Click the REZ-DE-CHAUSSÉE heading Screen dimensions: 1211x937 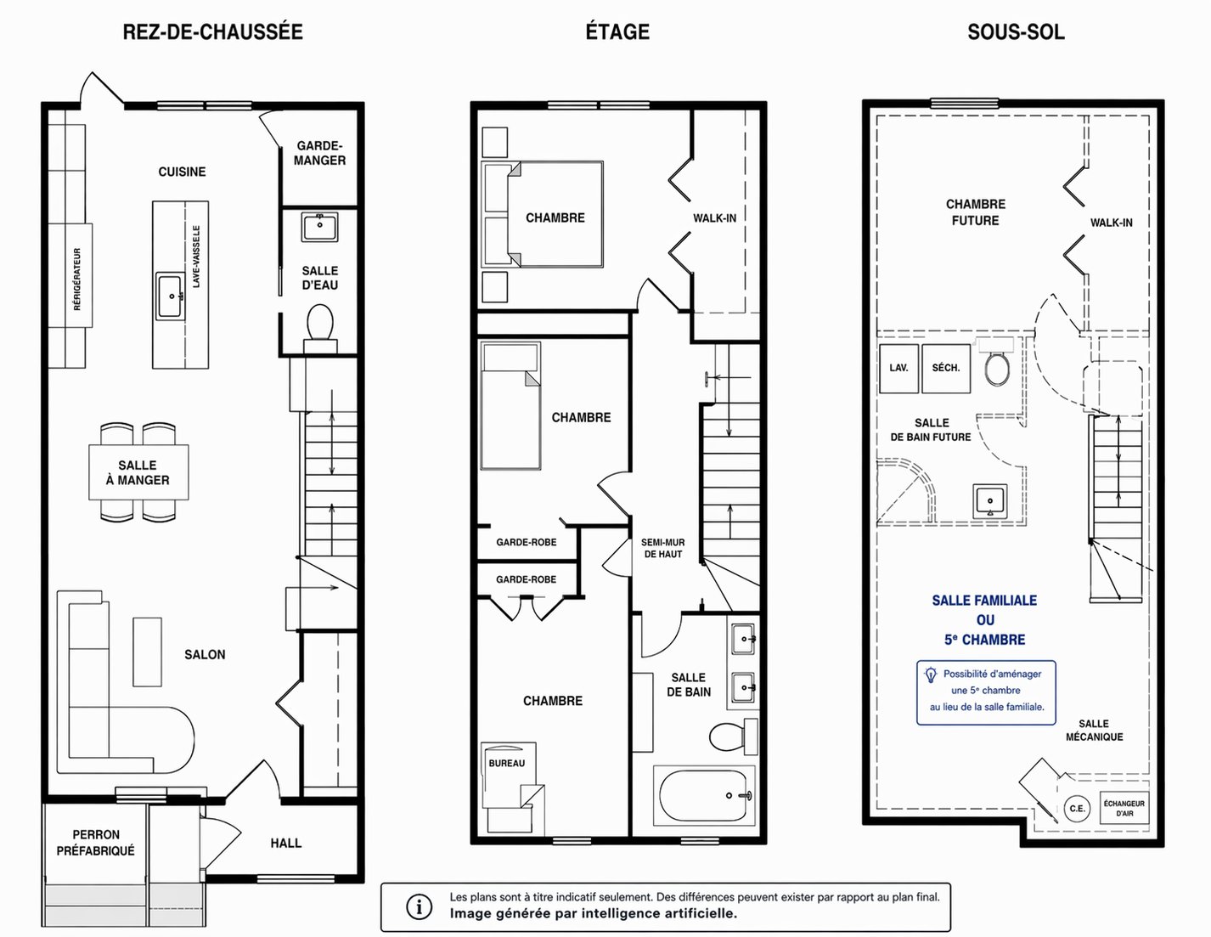212,31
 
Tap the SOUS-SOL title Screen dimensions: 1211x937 1016,31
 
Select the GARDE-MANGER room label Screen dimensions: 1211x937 320,153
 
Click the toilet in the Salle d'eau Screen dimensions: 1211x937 320,325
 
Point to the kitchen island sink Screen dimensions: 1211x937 171,296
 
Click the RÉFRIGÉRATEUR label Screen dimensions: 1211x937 77,279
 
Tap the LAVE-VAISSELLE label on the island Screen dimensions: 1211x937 196,257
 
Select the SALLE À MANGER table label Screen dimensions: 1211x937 138,472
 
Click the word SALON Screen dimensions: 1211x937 205,654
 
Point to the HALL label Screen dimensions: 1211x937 286,843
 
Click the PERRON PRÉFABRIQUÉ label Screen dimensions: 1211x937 96,842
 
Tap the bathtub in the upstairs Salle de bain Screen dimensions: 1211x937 704,795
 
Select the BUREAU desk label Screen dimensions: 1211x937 507,763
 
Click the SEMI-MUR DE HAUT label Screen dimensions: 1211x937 663,548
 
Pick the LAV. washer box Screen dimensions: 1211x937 898,369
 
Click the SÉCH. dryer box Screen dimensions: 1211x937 946,369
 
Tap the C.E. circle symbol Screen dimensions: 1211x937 1077,808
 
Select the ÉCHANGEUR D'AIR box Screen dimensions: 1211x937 1124,808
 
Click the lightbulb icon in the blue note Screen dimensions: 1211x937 930,675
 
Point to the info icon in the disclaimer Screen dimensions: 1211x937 419,906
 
